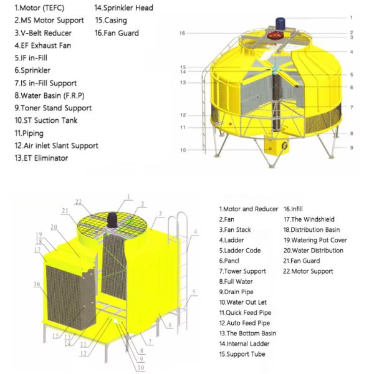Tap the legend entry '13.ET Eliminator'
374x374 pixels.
[41, 158]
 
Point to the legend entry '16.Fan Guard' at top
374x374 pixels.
[117, 33]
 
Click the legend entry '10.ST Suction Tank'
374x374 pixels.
[46, 120]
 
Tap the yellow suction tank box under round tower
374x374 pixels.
[272, 146]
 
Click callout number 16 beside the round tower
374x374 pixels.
[182, 33]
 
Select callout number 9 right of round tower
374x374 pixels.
[352, 148]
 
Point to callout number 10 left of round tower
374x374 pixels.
[183, 150]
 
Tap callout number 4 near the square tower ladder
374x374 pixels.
[195, 232]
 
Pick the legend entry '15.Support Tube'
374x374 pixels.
[243, 354]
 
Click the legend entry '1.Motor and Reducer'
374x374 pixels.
[248, 209]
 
